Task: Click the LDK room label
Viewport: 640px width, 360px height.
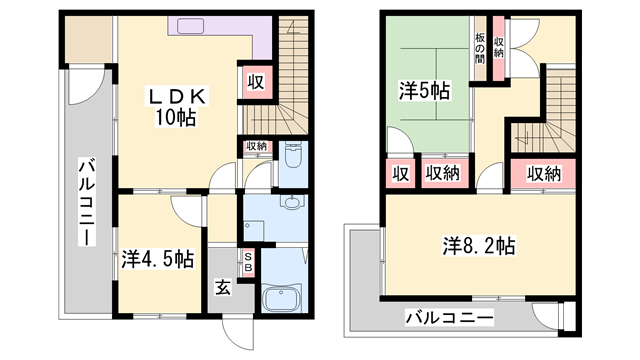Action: (x=177, y=97)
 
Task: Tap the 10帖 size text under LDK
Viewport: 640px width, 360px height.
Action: (x=177, y=118)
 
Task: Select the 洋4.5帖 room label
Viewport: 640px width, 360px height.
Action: (x=158, y=258)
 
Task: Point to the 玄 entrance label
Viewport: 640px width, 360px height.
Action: (x=222, y=288)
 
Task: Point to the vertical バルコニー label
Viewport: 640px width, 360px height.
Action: (x=87, y=204)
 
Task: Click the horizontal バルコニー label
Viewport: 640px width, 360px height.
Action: (x=449, y=318)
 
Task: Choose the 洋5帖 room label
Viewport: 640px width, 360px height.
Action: (x=426, y=90)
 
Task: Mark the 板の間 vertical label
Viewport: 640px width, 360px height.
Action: (x=480, y=48)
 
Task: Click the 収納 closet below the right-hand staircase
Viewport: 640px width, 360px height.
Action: (x=543, y=173)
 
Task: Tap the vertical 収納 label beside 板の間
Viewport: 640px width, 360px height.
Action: (x=498, y=46)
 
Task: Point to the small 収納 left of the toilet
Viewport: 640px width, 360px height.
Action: (x=256, y=147)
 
